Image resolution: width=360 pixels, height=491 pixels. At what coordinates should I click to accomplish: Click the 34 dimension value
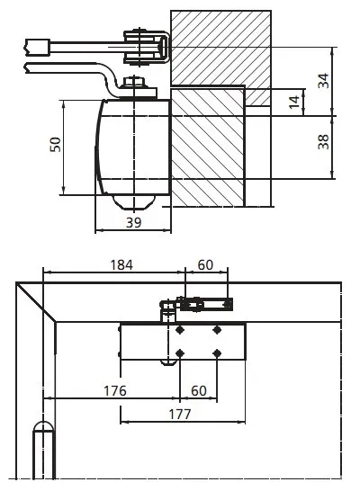click(x=324, y=81)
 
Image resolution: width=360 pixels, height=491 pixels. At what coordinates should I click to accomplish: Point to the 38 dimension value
click(x=324, y=142)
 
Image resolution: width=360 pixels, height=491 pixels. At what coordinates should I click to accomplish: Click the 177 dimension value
click(x=179, y=414)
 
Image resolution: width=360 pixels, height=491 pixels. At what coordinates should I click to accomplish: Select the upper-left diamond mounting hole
click(x=181, y=330)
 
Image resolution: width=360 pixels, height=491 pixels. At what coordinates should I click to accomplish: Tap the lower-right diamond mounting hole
click(x=217, y=352)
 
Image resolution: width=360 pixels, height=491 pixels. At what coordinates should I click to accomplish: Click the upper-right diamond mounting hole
click(x=217, y=330)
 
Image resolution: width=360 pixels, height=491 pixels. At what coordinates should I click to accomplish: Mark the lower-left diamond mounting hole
click(x=181, y=352)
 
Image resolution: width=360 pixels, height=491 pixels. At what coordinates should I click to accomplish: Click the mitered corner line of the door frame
click(x=36, y=303)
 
